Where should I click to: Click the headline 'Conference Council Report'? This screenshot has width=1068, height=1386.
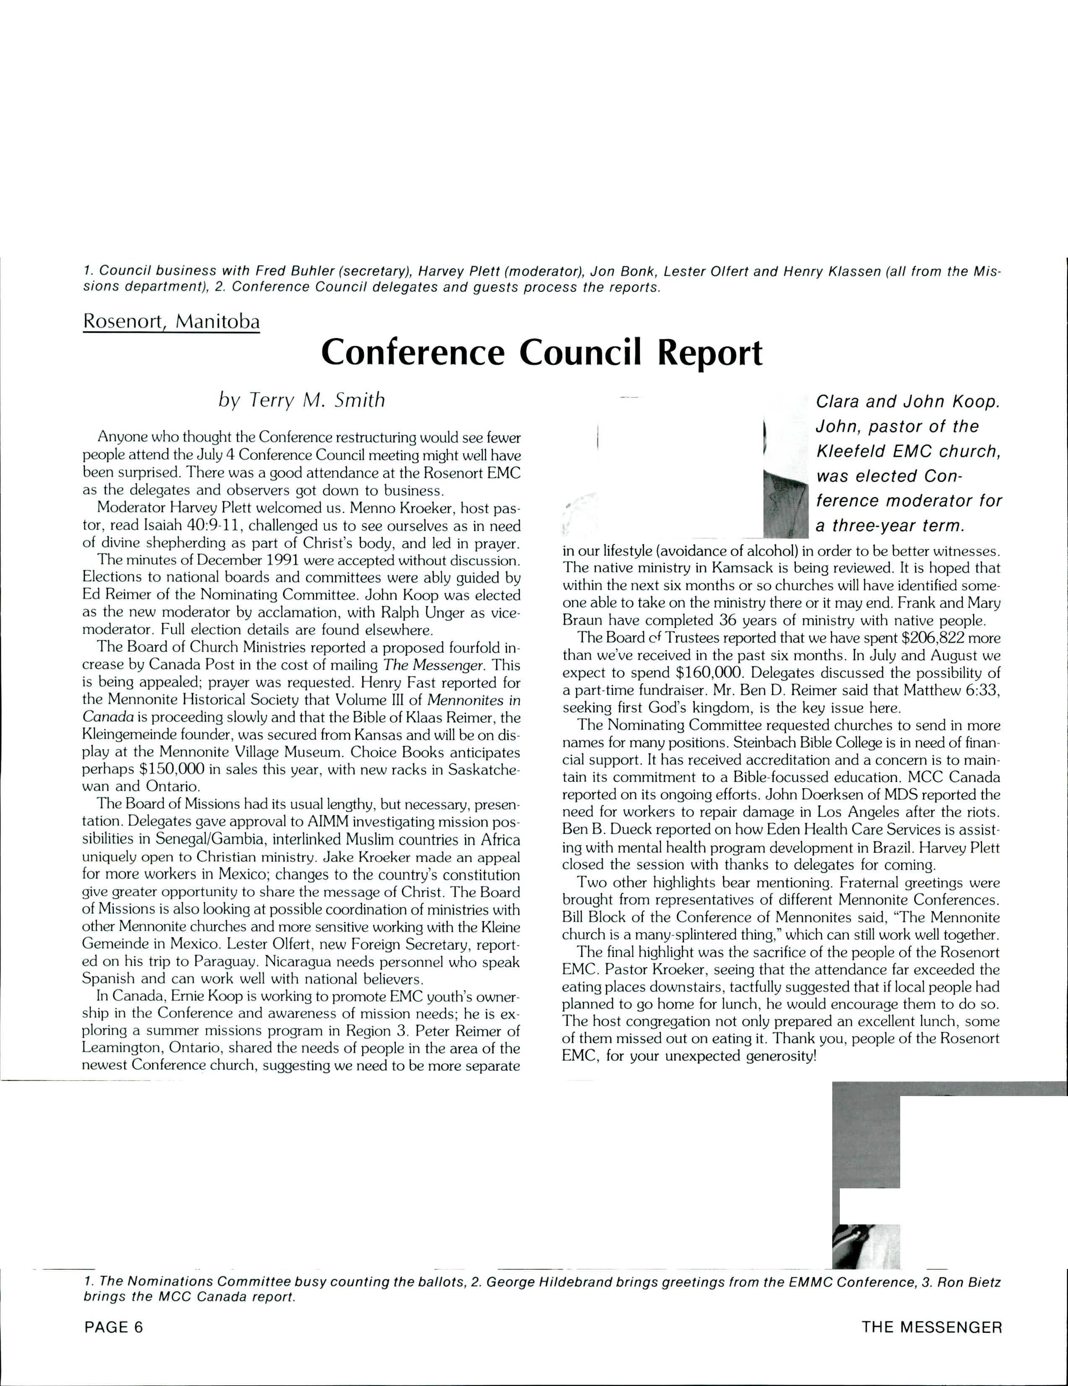541,353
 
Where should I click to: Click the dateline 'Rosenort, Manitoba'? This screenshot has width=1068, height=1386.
171,322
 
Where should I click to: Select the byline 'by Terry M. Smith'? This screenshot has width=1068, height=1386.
302,400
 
